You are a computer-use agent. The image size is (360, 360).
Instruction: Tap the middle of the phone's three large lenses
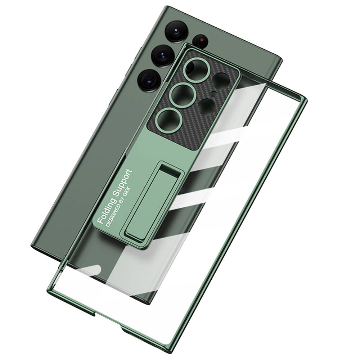coord(163,56)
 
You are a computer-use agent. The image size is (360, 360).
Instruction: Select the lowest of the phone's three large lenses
coord(149,80)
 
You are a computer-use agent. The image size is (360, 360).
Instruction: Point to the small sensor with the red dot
coord(200,41)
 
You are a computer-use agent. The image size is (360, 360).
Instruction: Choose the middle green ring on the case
coord(181,95)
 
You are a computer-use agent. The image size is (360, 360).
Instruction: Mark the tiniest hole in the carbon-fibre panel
coord(213,94)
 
